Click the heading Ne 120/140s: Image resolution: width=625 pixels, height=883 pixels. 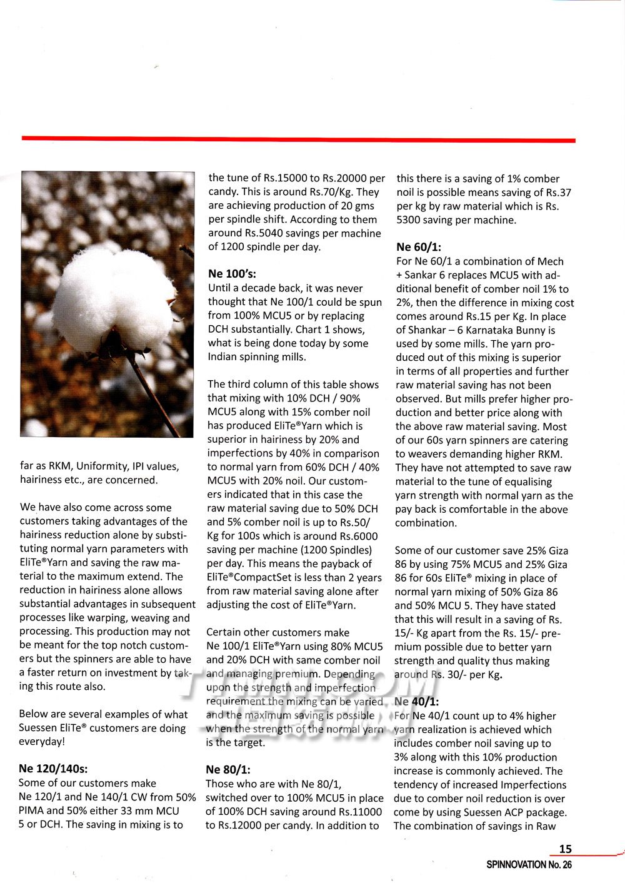[53, 769]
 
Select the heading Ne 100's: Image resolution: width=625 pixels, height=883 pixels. [232, 274]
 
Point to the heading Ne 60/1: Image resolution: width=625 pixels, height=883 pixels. [419, 247]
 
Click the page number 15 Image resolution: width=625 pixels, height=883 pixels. [565, 849]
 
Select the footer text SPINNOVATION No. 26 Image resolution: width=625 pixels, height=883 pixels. [529, 865]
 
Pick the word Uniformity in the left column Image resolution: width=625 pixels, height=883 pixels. [101, 466]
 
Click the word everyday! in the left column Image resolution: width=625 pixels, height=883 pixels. [41, 742]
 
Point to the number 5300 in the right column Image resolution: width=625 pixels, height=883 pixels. [410, 220]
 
